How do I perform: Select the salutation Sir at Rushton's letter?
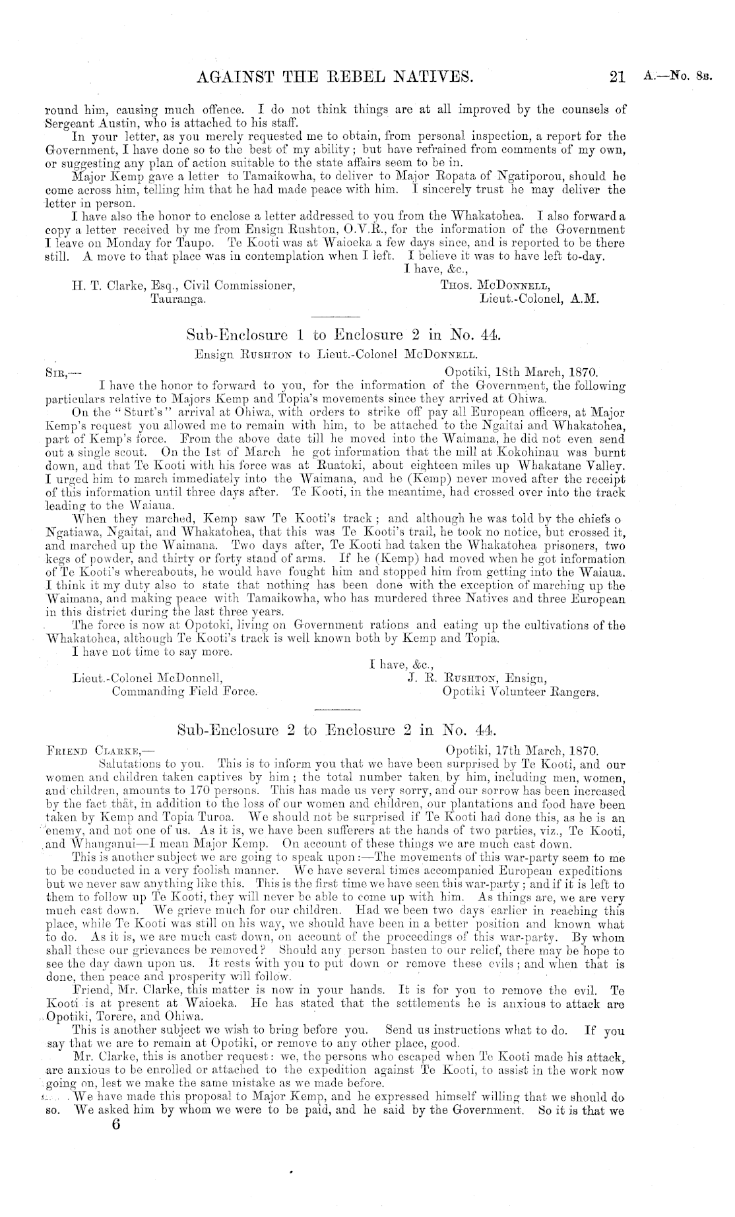pyautogui.click(x=59, y=371)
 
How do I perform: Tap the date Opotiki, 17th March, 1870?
pyautogui.click(x=522, y=751)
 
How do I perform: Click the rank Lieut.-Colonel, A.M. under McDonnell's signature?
pyautogui.click(x=540, y=299)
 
